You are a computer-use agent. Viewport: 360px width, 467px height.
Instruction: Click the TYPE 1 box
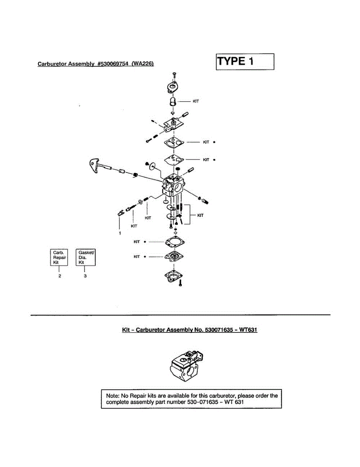[245, 61]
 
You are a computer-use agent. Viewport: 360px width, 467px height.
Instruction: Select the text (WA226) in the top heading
[143, 64]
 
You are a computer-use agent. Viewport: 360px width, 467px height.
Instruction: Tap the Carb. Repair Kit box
[60, 257]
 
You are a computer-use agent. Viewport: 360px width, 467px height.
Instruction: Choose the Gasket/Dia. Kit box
[85, 257]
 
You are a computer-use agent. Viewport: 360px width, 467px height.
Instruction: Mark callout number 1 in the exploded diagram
[120, 233]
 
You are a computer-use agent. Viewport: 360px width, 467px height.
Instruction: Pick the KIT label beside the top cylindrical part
[196, 101]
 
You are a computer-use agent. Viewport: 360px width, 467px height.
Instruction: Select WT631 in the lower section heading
[248, 330]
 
